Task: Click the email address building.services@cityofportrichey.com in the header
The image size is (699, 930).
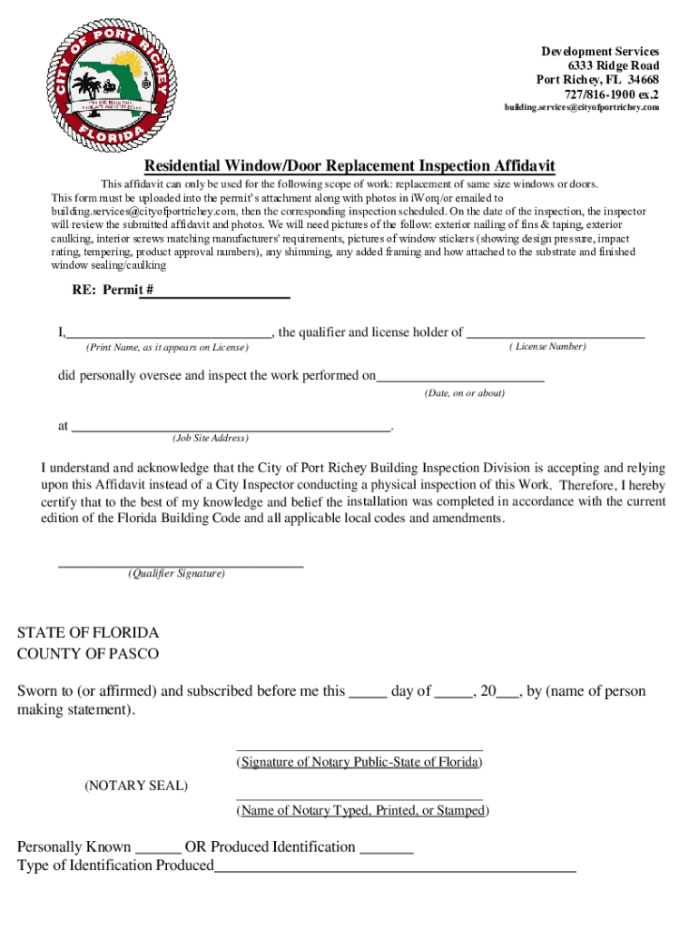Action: coord(582,107)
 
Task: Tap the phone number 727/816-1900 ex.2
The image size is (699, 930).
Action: coord(612,94)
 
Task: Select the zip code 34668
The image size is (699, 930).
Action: coord(642,80)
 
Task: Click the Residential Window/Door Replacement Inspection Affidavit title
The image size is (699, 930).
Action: coord(349,166)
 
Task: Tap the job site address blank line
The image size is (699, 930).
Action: coord(231,427)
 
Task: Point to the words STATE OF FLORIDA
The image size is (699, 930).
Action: coord(88,633)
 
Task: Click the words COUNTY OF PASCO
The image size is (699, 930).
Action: coord(88,654)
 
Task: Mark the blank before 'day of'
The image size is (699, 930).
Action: coord(368,695)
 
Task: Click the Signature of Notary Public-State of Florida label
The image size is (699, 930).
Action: coord(359,763)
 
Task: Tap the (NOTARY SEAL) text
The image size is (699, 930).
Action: coord(136,786)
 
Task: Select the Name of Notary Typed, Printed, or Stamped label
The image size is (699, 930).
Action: coord(361,811)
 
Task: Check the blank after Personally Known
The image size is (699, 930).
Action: coord(159,851)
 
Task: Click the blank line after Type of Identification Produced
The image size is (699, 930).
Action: coord(395,869)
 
